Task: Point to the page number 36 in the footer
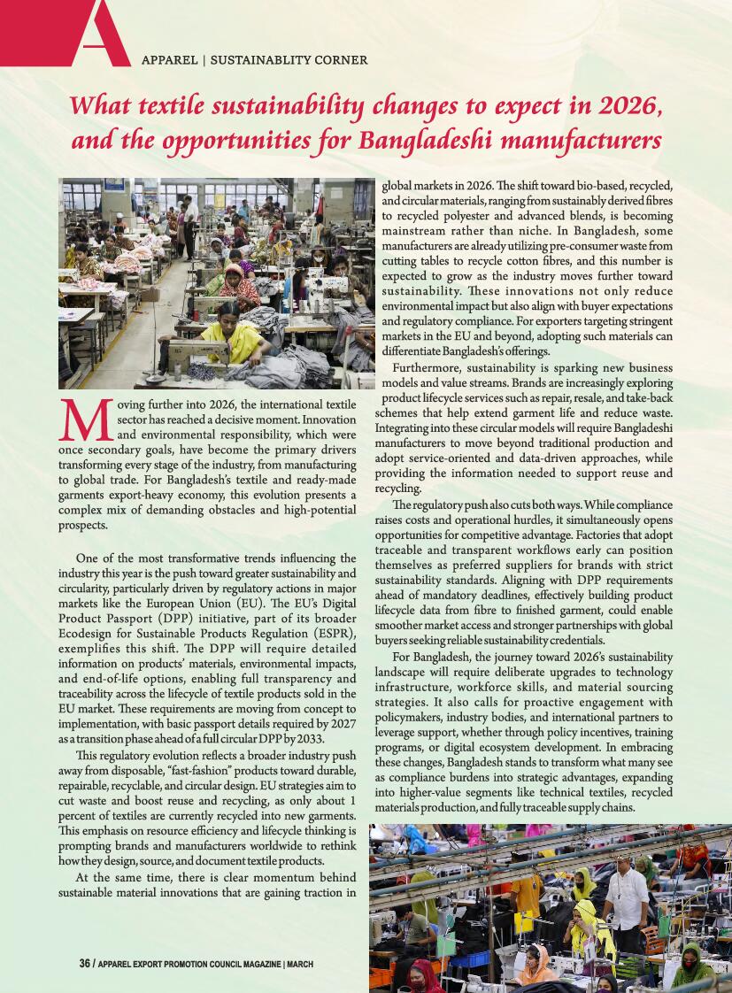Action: click(x=84, y=964)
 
